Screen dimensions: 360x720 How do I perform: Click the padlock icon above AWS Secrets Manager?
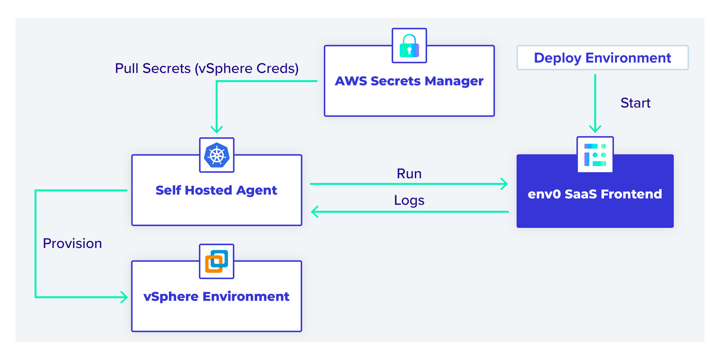click(x=409, y=45)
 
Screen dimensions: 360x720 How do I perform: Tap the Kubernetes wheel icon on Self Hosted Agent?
click(x=216, y=155)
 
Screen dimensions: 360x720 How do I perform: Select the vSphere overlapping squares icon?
click(x=216, y=261)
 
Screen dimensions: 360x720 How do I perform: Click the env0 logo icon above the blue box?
click(x=595, y=155)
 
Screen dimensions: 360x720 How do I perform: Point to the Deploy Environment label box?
click(x=602, y=58)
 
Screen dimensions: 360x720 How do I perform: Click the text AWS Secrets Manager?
click(x=409, y=81)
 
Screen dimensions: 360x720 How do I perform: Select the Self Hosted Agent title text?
click(x=216, y=190)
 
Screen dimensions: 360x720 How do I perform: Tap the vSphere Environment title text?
click(x=216, y=297)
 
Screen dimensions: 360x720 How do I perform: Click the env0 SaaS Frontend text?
click(x=594, y=194)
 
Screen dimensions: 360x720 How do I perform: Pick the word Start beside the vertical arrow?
click(x=635, y=103)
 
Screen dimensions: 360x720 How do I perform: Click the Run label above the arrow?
click(x=409, y=174)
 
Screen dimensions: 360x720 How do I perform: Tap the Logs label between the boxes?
click(x=409, y=200)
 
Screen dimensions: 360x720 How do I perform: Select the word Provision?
click(x=72, y=243)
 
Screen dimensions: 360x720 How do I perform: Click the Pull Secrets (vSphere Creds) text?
click(x=207, y=68)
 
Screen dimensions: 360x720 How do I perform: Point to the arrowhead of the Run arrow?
click(x=505, y=184)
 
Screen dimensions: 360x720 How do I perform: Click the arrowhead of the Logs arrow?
click(x=315, y=211)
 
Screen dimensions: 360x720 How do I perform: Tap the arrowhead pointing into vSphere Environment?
click(x=125, y=297)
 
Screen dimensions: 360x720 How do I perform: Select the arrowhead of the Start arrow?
click(x=595, y=129)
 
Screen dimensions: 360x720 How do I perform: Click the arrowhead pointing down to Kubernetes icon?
click(x=216, y=130)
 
